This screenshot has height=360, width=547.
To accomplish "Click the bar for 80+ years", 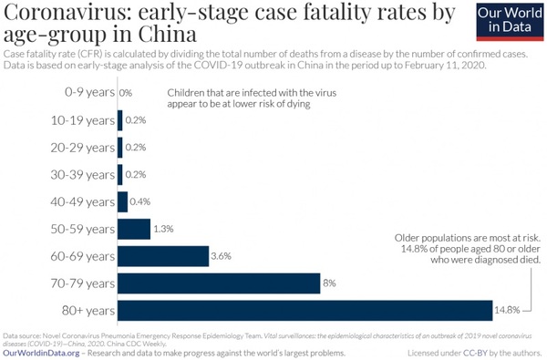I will (305, 311).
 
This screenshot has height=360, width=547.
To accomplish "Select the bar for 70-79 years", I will (219, 283).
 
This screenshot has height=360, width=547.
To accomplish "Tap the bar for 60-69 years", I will (163, 256).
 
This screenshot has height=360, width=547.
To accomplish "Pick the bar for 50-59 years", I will (134, 229).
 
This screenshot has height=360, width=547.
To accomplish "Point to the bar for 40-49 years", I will (123, 201).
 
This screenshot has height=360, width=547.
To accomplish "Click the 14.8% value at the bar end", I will (509, 311).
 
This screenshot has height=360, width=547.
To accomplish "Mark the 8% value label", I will (330, 283).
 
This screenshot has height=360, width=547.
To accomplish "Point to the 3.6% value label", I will (222, 256).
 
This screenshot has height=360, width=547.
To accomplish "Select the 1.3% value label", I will (164, 229).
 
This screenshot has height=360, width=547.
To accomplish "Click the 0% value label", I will (126, 93).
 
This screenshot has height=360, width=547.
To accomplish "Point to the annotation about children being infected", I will (252, 98).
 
